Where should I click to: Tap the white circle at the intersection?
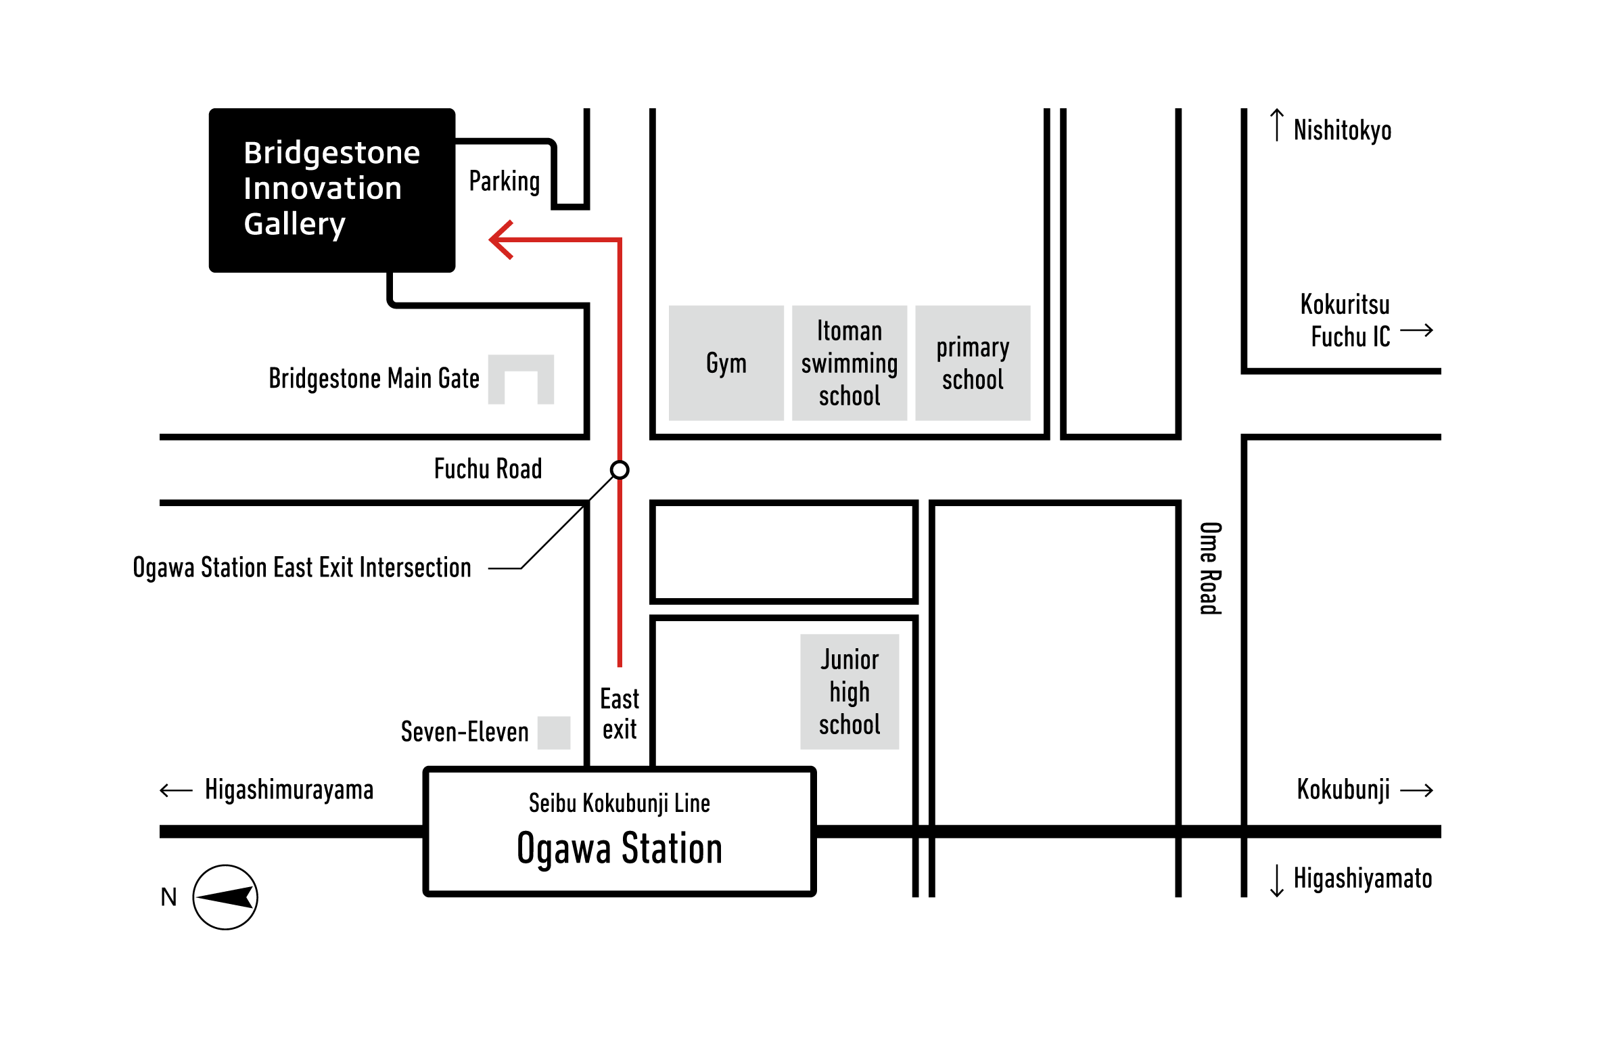620,470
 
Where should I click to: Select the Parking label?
505,181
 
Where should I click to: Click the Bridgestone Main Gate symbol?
521,380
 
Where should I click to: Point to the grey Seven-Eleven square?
554,733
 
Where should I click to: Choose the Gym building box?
726,363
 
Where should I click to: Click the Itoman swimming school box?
850,363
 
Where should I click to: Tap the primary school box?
973,363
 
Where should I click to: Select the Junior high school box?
850,692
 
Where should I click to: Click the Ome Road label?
1211,568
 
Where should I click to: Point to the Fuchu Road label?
488,469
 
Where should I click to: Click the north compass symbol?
225,897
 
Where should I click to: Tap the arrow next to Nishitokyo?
1277,125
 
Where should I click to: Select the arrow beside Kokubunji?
1416,790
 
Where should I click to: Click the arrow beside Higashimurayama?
177,790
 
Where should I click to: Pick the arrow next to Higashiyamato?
1277,880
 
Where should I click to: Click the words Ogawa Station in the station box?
620,848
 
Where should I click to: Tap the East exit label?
620,714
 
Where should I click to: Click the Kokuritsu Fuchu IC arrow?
1416,330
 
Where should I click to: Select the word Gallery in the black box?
295,224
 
